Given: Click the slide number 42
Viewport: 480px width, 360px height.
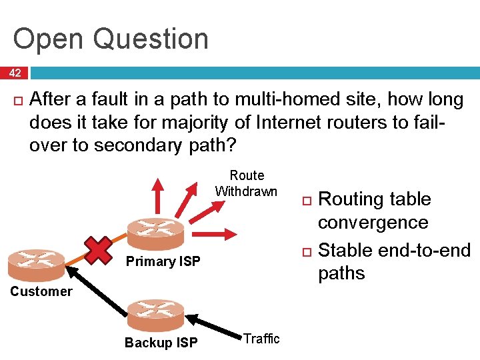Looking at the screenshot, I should [15, 73].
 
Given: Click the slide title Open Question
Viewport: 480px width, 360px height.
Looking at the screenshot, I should [111, 39].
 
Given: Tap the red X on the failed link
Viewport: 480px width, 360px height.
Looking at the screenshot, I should [99, 249].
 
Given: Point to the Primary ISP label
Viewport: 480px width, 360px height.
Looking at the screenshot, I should [163, 261].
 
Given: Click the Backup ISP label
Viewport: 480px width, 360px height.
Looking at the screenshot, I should [161, 343].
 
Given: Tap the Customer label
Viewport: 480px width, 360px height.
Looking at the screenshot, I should [41, 291].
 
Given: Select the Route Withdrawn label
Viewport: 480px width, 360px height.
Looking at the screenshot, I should [247, 184].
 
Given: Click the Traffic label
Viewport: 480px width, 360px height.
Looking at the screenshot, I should [261, 339].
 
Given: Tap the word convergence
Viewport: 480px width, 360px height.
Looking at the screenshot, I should [373, 222].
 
